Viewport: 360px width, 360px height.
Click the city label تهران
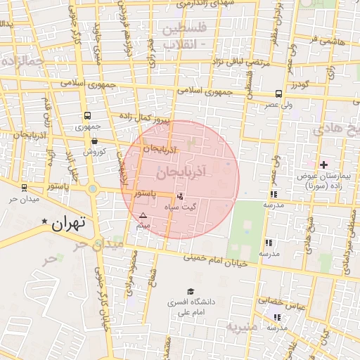(69, 224)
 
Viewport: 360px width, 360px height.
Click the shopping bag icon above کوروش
(94, 141)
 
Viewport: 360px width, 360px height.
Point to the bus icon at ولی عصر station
(279, 94)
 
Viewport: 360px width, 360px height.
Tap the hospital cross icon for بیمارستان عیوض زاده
(323, 164)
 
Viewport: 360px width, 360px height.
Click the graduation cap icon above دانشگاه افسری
(190, 291)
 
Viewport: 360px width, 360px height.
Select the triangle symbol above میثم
(143, 215)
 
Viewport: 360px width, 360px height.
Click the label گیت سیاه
(180, 207)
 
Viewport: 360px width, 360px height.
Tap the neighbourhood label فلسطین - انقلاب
(185, 37)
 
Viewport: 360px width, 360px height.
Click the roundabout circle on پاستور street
(92, 188)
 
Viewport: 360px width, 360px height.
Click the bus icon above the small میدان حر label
(25, 188)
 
